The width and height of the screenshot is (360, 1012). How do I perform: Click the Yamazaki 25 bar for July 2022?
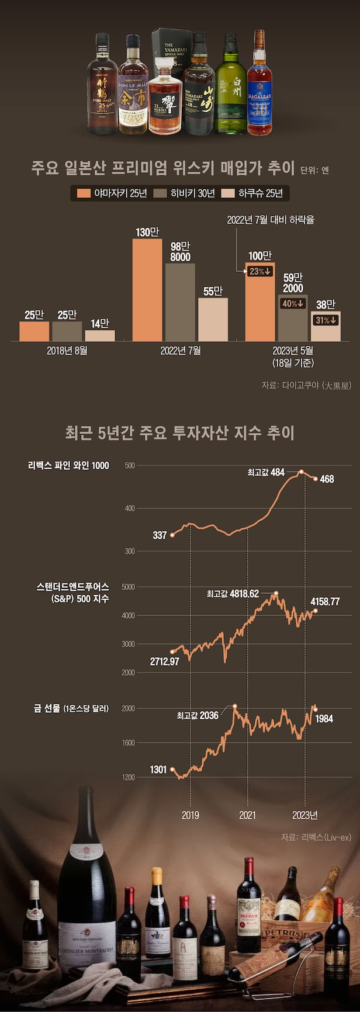[147, 289]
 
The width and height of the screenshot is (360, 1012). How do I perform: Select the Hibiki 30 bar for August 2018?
[67, 331]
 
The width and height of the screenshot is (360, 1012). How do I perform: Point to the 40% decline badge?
[293, 303]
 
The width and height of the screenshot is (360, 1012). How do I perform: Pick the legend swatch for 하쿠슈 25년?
[227, 193]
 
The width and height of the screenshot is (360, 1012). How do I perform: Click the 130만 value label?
[147, 232]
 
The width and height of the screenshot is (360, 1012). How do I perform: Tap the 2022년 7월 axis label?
[180, 351]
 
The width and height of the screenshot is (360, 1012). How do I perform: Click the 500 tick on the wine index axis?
[130, 466]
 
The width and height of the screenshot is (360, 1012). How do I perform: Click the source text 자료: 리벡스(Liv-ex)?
[316, 837]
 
